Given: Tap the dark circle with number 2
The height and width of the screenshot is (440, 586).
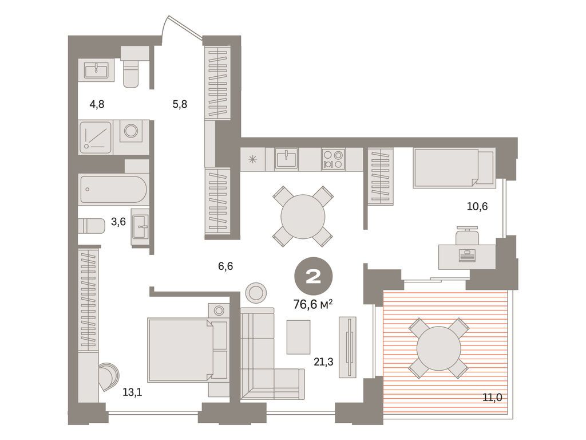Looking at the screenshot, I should pos(313,277).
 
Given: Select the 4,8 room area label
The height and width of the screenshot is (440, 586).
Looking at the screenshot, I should pos(96,104).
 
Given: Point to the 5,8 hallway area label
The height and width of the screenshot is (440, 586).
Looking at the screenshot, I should pos(180,104).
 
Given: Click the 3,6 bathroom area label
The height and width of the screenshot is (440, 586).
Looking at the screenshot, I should pos(118,222).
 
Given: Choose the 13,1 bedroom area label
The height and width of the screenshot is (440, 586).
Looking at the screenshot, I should pos(132,392).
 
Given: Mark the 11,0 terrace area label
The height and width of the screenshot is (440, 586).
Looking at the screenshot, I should pos(492,397).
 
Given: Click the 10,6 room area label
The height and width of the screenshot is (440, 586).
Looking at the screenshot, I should pos(477,206).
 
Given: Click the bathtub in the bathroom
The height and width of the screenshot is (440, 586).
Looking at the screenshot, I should pos(113,189).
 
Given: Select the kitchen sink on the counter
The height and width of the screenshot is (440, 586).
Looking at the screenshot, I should pos(286,158).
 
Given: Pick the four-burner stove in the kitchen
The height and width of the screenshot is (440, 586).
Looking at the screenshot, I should pos(332,158).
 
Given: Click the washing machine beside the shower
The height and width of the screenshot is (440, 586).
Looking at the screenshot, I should pos(131,131).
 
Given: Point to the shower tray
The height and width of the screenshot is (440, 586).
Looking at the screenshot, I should pos(96,137).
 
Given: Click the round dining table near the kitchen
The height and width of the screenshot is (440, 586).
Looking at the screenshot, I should pos(303,216).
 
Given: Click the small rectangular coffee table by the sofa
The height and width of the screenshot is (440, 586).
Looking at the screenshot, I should pos(298,337).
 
